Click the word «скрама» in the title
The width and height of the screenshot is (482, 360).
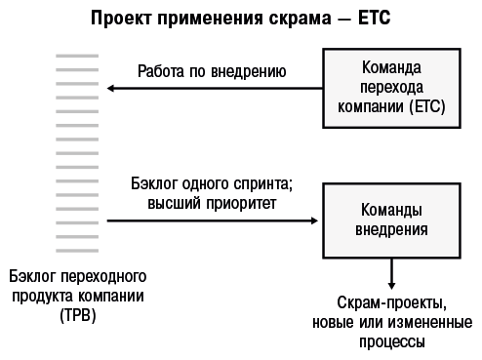[x=294, y=18]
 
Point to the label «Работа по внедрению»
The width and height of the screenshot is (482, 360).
[x=212, y=70]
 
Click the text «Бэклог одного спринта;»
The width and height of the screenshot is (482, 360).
[x=212, y=184]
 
